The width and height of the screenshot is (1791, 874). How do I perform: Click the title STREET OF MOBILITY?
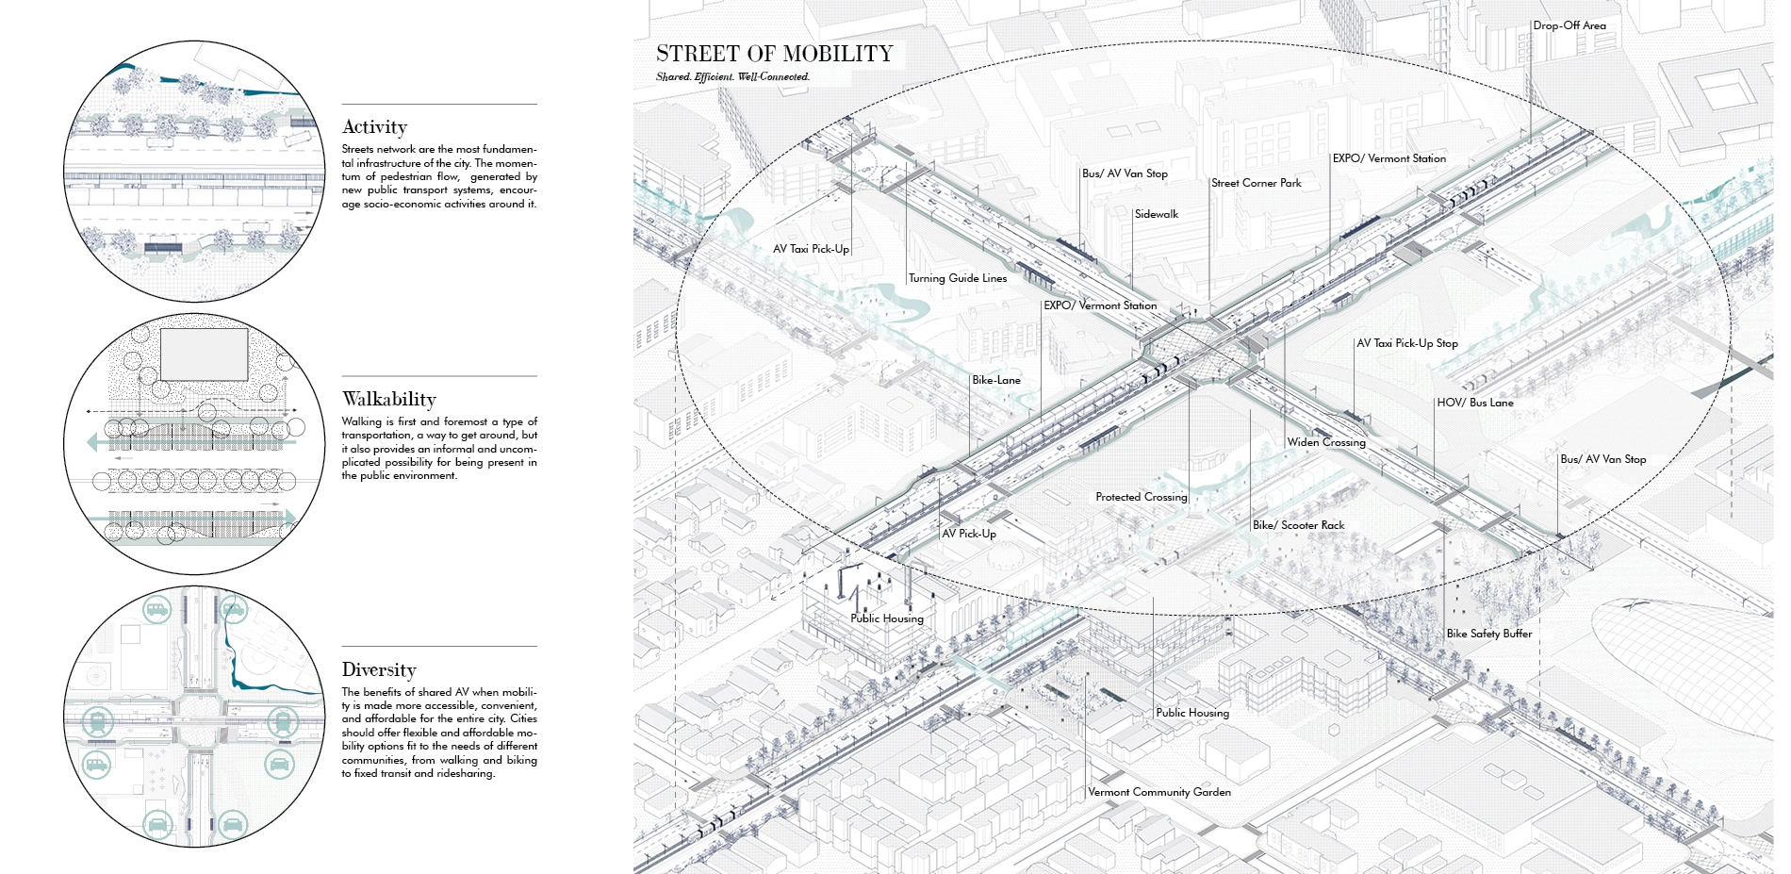click(x=774, y=55)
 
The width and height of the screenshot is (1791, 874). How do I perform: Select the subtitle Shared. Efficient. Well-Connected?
click(x=732, y=77)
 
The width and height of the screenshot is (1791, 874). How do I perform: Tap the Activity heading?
click(x=374, y=127)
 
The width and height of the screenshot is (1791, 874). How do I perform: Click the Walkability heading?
click(x=388, y=399)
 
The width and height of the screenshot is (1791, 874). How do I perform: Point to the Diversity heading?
click(x=378, y=670)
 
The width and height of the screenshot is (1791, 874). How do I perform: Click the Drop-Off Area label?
click(x=1569, y=25)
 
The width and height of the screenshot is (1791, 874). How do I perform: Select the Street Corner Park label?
click(x=1256, y=183)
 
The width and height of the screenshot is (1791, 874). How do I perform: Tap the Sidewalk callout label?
click(x=1156, y=214)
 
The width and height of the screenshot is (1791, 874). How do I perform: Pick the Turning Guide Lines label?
click(x=958, y=278)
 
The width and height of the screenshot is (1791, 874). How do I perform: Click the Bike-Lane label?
click(x=995, y=380)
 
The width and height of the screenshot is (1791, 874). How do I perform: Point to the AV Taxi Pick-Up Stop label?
click(x=1406, y=343)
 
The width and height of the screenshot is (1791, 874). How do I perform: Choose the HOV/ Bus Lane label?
click(x=1474, y=403)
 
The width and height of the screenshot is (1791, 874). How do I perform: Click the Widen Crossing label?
click(x=1325, y=442)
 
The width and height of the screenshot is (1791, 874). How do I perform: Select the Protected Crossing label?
click(x=1141, y=497)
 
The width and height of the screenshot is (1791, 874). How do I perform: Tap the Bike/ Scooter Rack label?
click(x=1298, y=525)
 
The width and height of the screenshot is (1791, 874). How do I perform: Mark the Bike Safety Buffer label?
click(x=1488, y=634)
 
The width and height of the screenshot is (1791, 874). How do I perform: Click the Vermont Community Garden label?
click(x=1158, y=792)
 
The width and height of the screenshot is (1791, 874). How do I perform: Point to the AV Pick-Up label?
click(x=968, y=534)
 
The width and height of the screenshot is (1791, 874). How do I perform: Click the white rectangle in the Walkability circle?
click(x=204, y=355)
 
